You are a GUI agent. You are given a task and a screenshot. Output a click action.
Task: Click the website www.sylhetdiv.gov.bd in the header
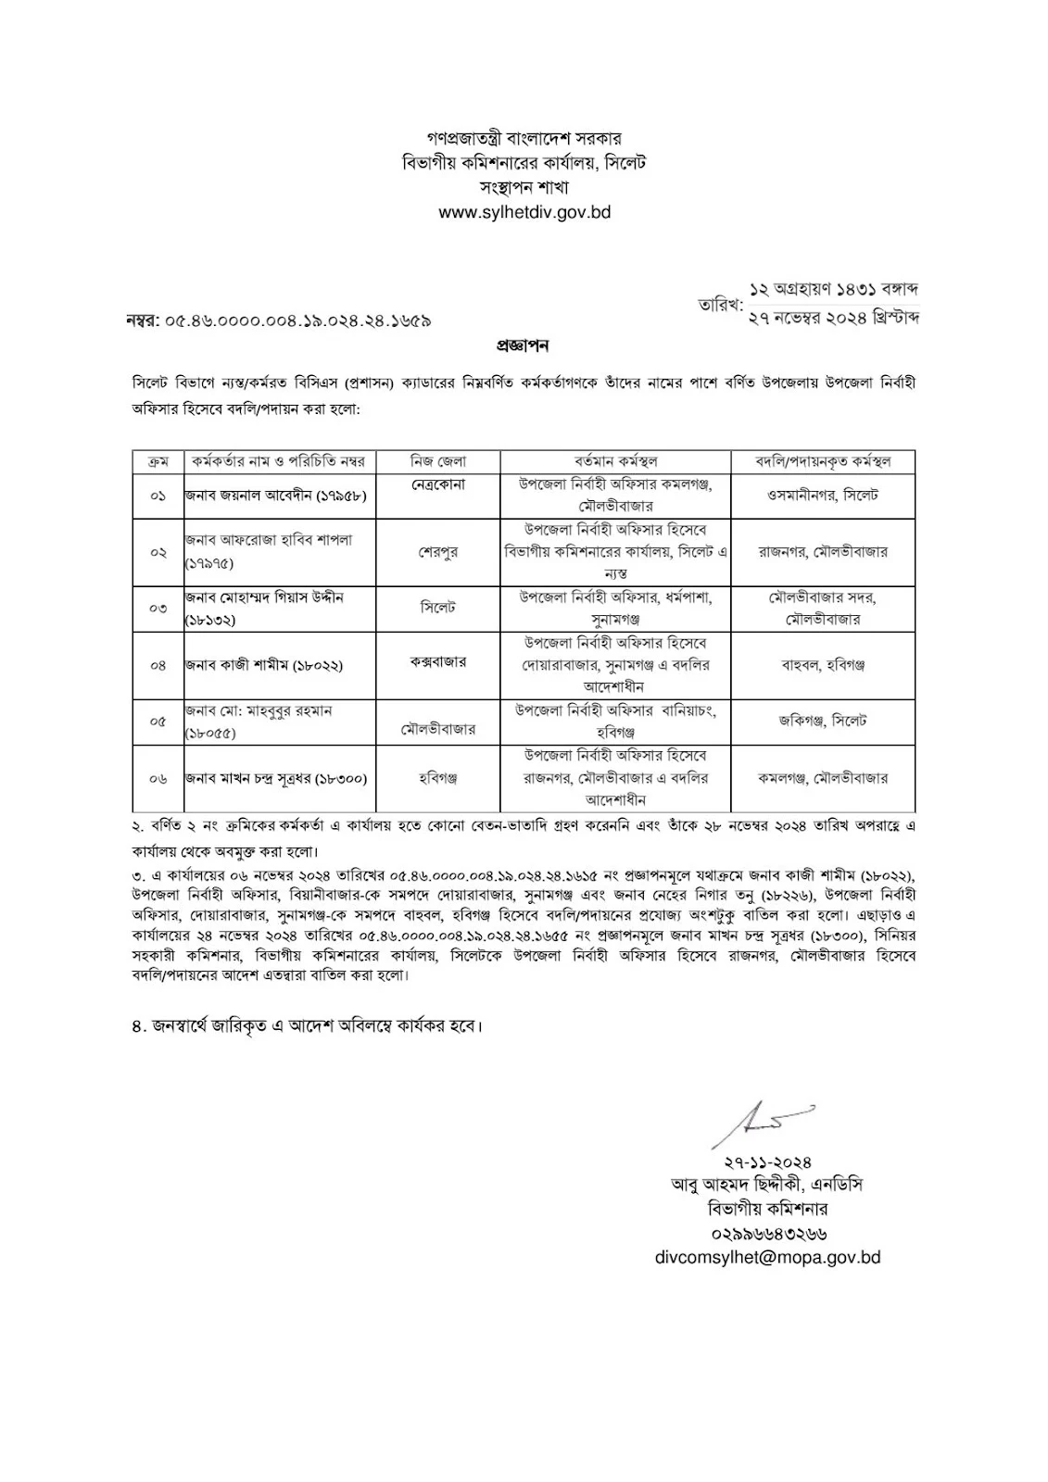tap(524, 212)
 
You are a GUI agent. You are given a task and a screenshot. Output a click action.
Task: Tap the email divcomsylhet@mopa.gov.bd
tap(767, 1257)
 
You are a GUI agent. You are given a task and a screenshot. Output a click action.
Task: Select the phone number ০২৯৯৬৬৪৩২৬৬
tap(768, 1233)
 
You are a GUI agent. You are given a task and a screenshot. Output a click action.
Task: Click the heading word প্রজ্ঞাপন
tap(523, 346)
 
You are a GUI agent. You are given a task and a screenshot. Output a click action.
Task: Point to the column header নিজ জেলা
tap(438, 460)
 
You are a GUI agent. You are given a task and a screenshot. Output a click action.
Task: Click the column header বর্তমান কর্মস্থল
tap(615, 460)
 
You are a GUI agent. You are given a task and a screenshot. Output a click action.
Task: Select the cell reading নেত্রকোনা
tap(438, 484)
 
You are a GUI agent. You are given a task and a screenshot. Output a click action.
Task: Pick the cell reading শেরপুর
tap(438, 551)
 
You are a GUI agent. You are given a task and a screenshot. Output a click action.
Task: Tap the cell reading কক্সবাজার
tap(438, 662)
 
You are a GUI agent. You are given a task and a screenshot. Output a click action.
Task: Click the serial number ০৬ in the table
tap(158, 779)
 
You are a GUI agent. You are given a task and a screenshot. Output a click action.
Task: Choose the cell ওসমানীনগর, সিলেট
tap(823, 496)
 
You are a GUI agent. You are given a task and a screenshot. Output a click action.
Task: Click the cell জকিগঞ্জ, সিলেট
tap(823, 720)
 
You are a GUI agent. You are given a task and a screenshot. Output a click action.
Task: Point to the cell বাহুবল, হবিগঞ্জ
tap(823, 665)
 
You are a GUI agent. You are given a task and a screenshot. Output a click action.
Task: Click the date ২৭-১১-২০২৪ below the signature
tap(768, 1162)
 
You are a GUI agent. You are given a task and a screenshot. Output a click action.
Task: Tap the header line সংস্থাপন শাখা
tap(524, 188)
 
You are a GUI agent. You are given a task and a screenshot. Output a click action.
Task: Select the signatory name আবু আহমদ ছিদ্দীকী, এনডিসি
tap(768, 1185)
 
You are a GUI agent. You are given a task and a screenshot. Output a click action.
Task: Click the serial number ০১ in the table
tap(158, 496)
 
